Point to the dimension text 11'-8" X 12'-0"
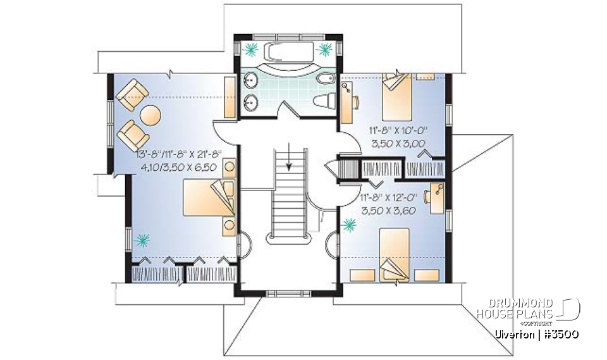pos(387,198)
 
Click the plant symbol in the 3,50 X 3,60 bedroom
pos(348,225)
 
